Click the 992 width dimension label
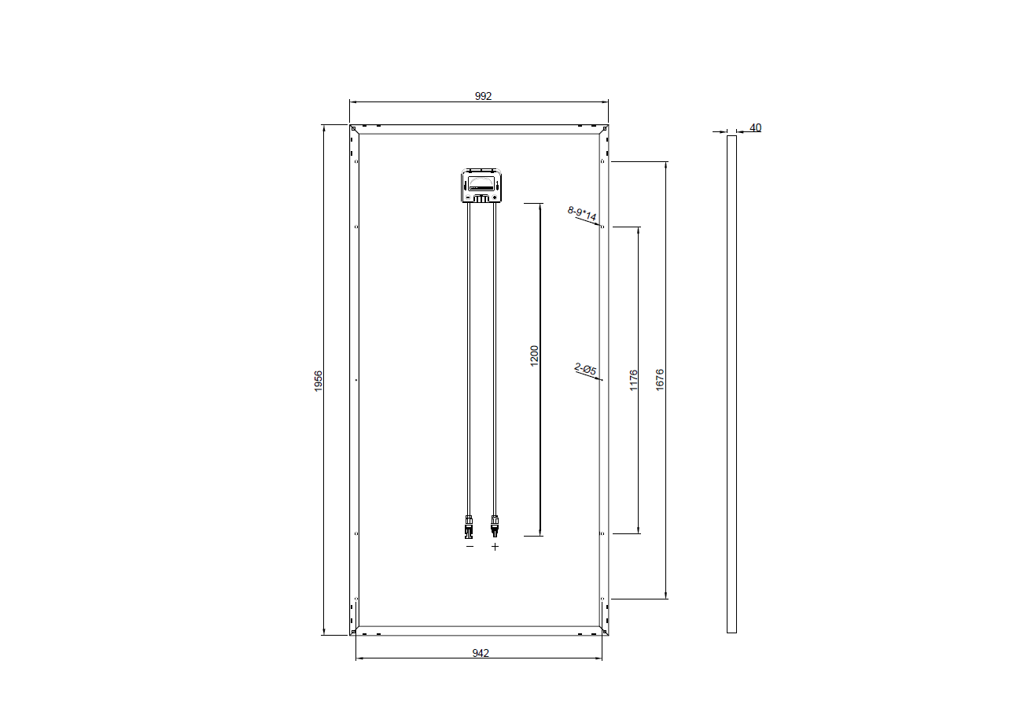(483, 96)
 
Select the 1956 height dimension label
(319, 381)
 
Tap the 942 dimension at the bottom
(481, 653)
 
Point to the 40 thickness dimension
(755, 127)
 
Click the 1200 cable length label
(534, 356)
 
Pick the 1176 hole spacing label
(633, 381)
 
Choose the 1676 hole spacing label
(660, 380)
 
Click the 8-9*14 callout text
(582, 213)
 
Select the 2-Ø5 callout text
(586, 369)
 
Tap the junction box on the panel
(481, 186)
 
